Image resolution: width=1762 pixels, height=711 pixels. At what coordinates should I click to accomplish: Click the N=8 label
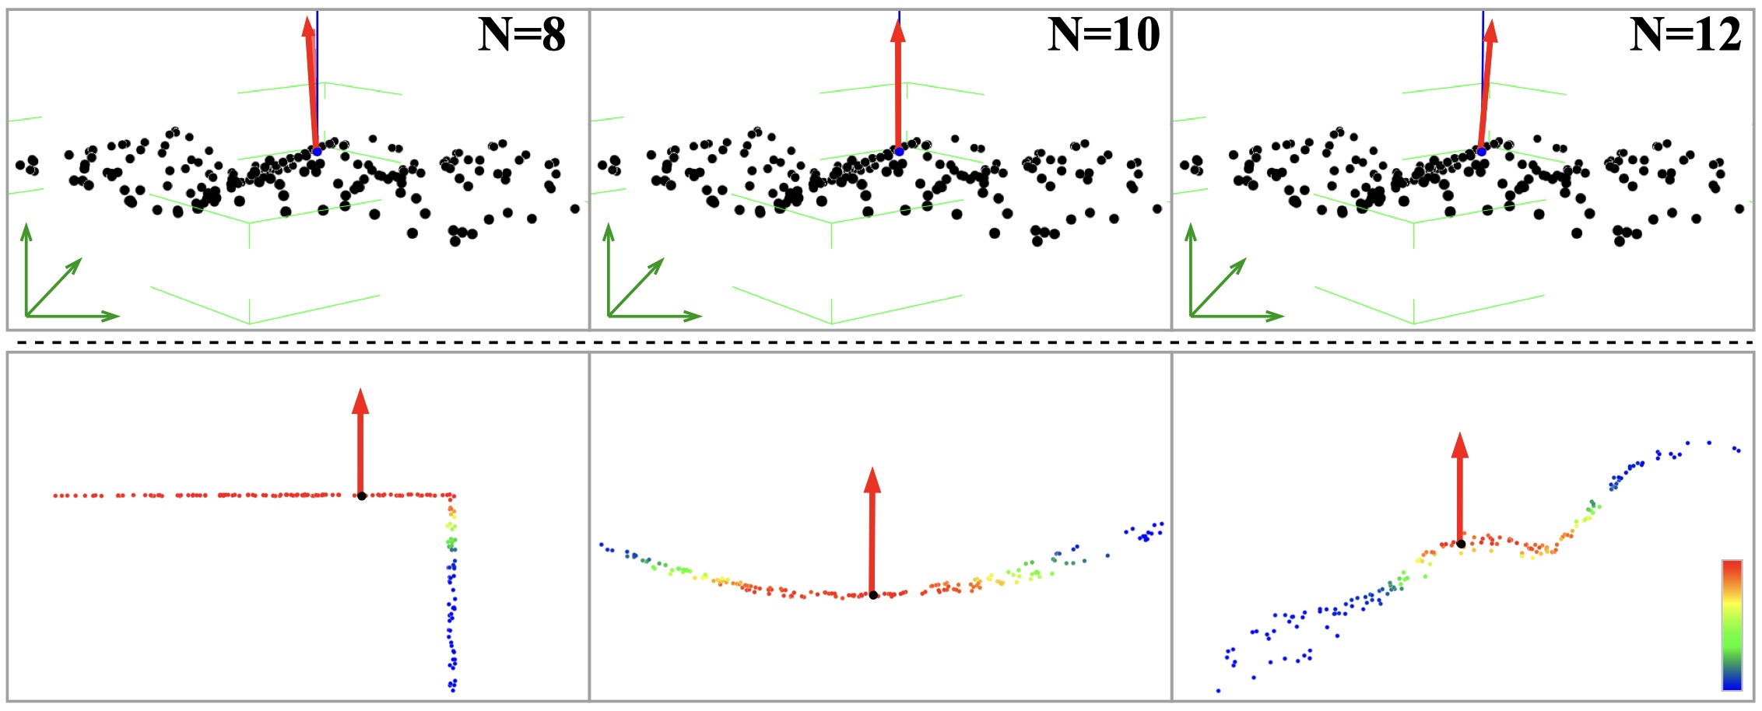(x=521, y=35)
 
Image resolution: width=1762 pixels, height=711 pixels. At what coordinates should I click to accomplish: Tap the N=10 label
(x=1104, y=35)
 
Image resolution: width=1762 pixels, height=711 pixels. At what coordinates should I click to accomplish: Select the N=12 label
(x=1686, y=35)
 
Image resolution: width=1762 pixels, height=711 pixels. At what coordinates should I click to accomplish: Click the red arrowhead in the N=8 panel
(x=308, y=26)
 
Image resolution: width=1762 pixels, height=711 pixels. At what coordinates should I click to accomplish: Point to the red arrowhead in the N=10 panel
(x=898, y=31)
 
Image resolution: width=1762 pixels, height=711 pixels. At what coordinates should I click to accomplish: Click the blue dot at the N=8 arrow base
(x=317, y=151)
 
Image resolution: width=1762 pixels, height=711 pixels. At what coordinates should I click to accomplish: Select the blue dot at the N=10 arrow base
(x=899, y=151)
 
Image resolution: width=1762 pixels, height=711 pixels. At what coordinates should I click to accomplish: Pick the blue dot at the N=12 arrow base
(x=1481, y=151)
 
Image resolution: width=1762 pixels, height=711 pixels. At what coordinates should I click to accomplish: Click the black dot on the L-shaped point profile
(x=362, y=496)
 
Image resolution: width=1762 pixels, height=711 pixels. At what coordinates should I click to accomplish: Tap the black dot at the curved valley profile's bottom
(x=873, y=595)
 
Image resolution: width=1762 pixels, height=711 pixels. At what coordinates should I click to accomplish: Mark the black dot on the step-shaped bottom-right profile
(x=1461, y=544)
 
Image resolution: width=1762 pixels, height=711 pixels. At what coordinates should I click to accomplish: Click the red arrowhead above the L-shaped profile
(x=360, y=401)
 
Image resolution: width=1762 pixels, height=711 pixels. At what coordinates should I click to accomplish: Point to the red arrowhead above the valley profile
(x=872, y=480)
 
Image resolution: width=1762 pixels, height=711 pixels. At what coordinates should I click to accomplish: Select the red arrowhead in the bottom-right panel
(x=1460, y=444)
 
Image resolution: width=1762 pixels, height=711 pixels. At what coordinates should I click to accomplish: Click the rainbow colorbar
(x=1732, y=625)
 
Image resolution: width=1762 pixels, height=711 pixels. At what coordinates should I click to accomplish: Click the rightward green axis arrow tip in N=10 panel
(x=697, y=316)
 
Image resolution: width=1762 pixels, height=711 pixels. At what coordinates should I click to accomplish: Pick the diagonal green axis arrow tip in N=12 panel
(x=1243, y=262)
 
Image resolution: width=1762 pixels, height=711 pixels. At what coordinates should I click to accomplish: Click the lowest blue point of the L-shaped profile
(x=452, y=689)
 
